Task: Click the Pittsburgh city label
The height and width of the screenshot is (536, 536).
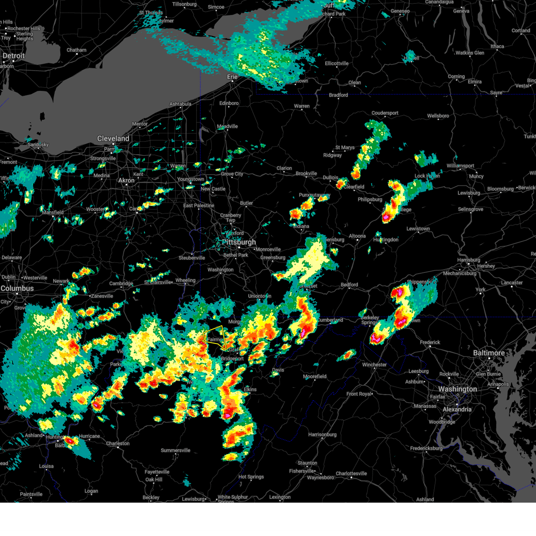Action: pyautogui.click(x=239, y=242)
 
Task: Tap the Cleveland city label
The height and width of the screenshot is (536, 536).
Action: pyautogui.click(x=113, y=138)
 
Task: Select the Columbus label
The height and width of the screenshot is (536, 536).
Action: pyautogui.click(x=17, y=289)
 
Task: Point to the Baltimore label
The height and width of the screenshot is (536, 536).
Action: pyautogui.click(x=489, y=353)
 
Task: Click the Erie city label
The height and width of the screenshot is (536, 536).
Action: pyautogui.click(x=232, y=77)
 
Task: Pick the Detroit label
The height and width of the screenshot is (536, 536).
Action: pyautogui.click(x=14, y=56)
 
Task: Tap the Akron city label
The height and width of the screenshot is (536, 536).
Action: pyautogui.click(x=126, y=180)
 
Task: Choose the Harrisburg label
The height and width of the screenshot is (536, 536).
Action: pyautogui.click(x=469, y=260)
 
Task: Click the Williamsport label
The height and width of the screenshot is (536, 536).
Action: pyautogui.click(x=461, y=166)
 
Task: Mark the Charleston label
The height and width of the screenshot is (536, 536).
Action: pyautogui.click(x=118, y=444)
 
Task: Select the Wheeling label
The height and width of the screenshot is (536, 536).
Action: pyautogui.click(x=185, y=281)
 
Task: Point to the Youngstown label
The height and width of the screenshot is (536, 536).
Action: pyautogui.click(x=191, y=179)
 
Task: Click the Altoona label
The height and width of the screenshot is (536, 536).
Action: pyautogui.click(x=357, y=236)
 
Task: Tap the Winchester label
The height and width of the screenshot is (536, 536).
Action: pyautogui.click(x=374, y=364)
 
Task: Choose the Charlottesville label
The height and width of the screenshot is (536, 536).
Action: pyautogui.click(x=352, y=473)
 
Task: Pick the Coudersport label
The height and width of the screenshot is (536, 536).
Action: pyautogui.click(x=385, y=113)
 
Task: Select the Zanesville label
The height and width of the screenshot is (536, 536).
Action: pyautogui.click(x=102, y=296)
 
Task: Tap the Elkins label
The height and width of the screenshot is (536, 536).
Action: pyautogui.click(x=250, y=389)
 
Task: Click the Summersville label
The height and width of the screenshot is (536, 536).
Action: pyautogui.click(x=176, y=450)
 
